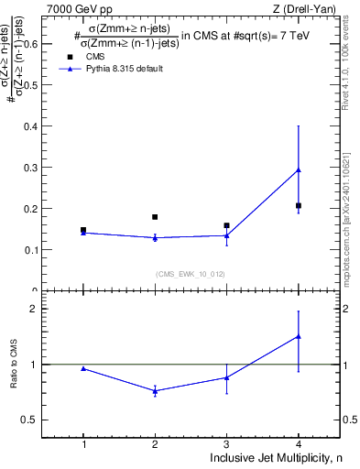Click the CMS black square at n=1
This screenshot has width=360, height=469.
click(83, 230)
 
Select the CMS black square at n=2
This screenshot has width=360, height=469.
click(155, 217)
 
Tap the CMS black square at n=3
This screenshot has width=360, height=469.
click(226, 225)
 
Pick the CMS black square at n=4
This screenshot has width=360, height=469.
click(299, 205)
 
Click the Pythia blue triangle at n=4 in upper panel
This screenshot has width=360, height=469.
click(299, 169)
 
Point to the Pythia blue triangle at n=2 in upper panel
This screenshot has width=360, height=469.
click(155, 238)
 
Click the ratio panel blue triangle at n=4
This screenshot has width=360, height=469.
click(299, 336)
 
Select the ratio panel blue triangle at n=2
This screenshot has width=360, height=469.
click(155, 391)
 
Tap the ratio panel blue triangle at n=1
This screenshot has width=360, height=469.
click(83, 368)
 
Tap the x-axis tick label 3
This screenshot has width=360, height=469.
click(226, 443)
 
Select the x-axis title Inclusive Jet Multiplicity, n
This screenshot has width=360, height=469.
click(275, 457)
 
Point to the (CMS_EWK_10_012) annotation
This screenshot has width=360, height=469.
click(189, 274)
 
